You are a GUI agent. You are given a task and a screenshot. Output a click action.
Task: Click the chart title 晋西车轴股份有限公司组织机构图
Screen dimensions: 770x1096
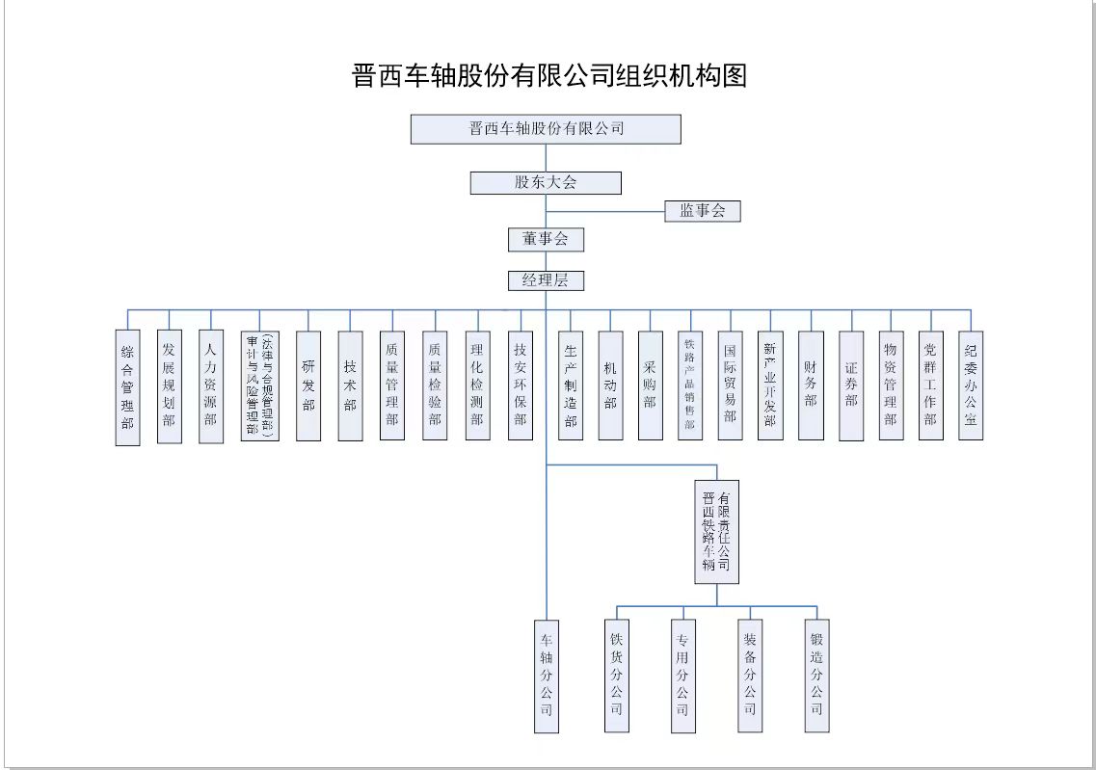(x=550, y=75)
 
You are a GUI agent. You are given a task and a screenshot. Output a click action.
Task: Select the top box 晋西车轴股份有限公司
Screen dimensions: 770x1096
(x=546, y=129)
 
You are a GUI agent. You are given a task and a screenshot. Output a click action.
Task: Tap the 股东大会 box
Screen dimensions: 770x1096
(x=546, y=182)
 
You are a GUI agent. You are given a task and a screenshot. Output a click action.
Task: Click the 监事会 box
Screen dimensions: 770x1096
(x=702, y=211)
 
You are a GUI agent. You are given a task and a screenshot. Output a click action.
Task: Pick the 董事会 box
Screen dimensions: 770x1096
(x=546, y=239)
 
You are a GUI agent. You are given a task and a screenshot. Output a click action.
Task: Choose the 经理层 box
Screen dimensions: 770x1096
(x=546, y=280)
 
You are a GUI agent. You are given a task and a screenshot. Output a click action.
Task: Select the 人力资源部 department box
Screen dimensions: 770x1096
(x=211, y=386)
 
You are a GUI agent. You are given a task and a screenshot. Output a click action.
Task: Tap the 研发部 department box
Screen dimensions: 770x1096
(x=308, y=385)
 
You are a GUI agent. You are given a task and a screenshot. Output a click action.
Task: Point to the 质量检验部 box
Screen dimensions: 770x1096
(x=435, y=385)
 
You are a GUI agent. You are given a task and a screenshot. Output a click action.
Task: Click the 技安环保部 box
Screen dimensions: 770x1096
(x=521, y=385)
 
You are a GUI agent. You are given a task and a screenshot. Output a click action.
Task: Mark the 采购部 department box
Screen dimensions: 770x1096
(x=650, y=385)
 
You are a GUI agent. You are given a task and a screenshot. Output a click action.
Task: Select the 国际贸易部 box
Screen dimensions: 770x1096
(x=730, y=385)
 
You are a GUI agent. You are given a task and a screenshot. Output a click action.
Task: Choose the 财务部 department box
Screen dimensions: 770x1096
(x=811, y=385)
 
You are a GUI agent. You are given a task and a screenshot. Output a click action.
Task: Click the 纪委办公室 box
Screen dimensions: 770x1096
(x=971, y=385)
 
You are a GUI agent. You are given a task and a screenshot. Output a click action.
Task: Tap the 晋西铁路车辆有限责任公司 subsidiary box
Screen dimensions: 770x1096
(x=716, y=531)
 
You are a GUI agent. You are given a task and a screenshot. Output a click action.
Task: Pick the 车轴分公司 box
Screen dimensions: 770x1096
(x=547, y=676)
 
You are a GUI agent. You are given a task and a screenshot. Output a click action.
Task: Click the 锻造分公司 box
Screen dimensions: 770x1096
(x=816, y=676)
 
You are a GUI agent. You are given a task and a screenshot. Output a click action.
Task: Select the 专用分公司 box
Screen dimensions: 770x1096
(x=682, y=676)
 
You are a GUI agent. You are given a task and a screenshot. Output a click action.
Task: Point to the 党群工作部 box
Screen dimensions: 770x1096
(x=930, y=385)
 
